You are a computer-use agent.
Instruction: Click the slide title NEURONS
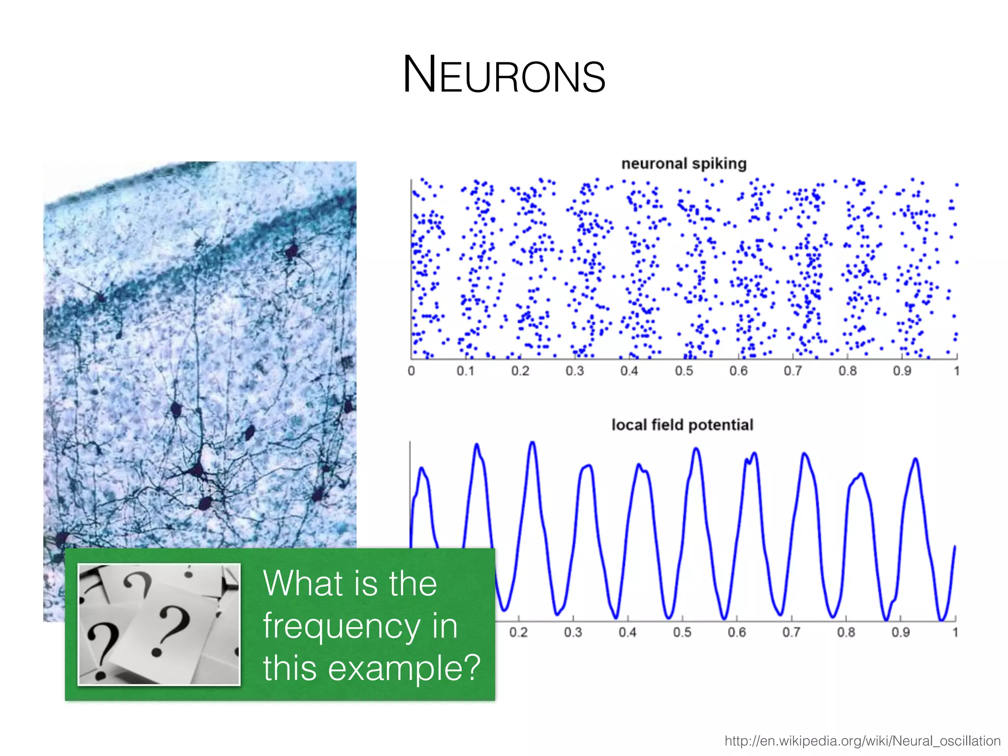coord(504,75)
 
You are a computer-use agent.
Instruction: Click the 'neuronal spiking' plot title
coord(684,163)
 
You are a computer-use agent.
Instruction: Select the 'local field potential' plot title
coord(682,425)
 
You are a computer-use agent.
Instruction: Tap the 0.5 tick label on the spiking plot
coord(684,371)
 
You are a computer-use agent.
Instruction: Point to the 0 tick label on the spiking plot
coord(411,371)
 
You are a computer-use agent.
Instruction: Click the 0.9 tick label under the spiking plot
coord(902,371)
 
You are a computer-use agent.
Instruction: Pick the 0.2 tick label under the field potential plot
coord(518,632)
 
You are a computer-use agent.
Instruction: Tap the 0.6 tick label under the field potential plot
coord(737,632)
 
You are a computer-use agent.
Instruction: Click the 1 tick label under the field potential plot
coord(955,632)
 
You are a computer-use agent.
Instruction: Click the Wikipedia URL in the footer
coord(862,741)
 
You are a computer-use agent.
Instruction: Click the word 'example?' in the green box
coord(404,668)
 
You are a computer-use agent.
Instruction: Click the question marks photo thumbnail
coord(159,624)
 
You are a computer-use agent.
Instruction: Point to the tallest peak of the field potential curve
coord(533,442)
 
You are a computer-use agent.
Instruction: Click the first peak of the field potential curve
coord(422,468)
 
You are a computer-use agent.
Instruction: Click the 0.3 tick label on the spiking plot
coord(574,371)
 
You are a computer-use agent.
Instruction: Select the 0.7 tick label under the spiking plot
coord(792,371)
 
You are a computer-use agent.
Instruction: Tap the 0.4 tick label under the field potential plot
coord(628,632)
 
